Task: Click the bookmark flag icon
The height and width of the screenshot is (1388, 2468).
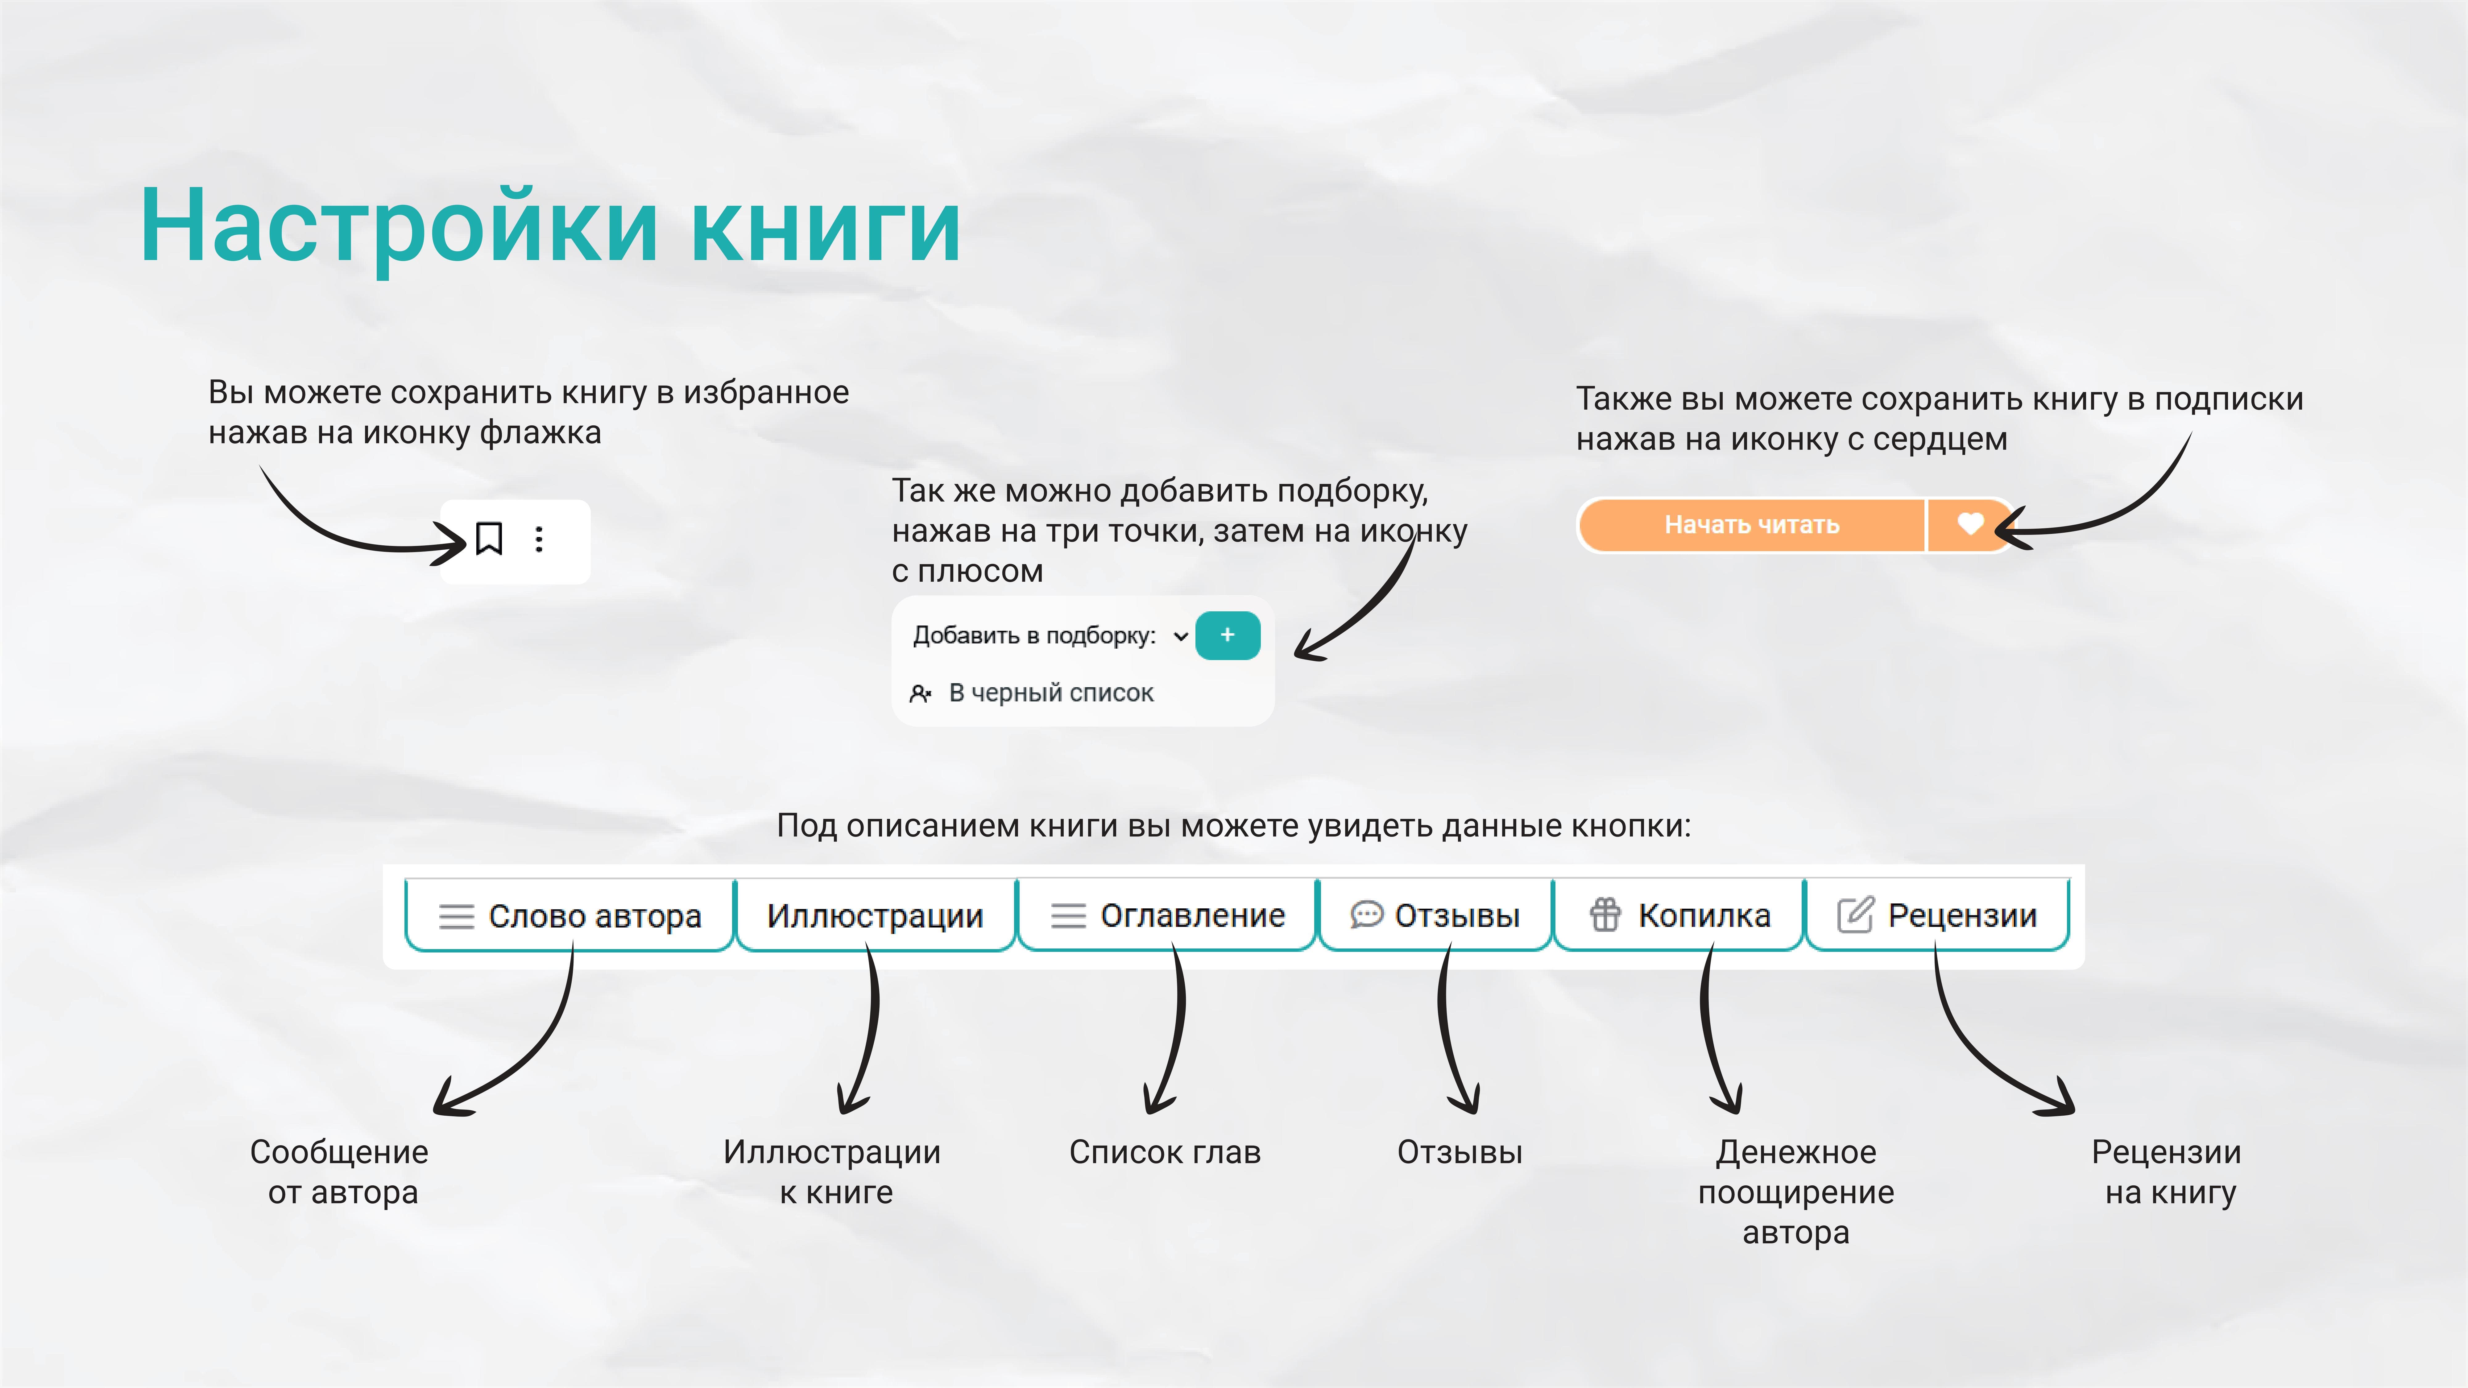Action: point(489,538)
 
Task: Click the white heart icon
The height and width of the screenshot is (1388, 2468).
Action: point(1970,524)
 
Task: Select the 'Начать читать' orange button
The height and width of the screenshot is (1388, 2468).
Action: point(1751,525)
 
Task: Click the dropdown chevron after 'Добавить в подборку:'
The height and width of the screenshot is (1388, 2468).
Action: point(1181,636)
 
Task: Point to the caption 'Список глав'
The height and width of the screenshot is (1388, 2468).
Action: point(1165,1151)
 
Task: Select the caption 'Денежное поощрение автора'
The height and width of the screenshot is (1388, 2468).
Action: point(1796,1192)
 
